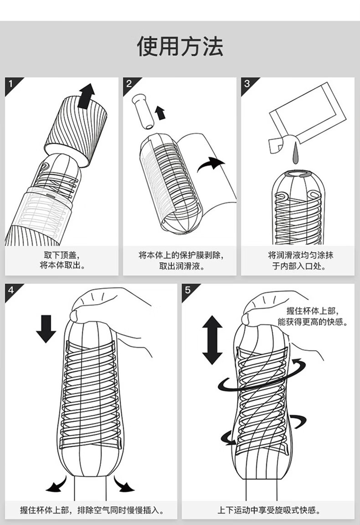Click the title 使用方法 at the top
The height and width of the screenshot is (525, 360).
click(180, 46)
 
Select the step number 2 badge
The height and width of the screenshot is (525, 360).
click(129, 84)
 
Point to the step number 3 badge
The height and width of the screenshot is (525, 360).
click(247, 84)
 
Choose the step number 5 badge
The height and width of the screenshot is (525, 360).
click(188, 290)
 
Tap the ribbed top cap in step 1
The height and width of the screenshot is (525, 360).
click(77, 127)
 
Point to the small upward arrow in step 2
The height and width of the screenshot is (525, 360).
click(160, 112)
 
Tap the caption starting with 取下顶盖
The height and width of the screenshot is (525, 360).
click(62, 260)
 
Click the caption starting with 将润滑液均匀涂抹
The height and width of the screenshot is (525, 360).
click(299, 260)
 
